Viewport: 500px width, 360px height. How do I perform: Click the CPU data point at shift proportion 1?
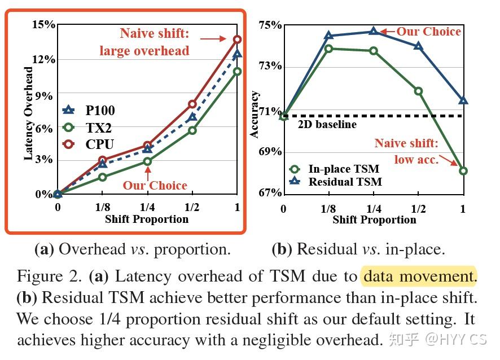tap(237, 39)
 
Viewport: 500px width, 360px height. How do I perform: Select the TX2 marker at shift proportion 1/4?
tap(147, 161)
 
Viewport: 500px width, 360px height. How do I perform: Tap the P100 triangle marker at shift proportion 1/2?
tap(192, 117)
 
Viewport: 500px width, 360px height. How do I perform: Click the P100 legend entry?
tap(89, 111)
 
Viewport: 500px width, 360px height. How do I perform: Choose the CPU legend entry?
tap(89, 144)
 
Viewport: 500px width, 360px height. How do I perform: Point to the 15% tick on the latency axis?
tap(43, 25)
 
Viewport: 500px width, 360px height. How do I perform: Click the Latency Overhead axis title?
tap(28, 113)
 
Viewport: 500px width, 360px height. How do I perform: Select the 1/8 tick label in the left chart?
tap(102, 208)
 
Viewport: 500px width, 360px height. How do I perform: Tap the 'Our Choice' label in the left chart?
tap(155, 185)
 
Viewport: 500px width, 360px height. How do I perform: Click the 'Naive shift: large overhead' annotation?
tap(144, 42)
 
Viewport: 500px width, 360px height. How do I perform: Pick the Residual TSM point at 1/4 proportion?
tap(374, 32)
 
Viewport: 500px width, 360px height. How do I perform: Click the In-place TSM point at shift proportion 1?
tap(463, 170)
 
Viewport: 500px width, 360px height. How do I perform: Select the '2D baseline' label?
tap(327, 124)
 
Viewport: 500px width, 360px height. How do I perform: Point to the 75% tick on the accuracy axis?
tap(270, 25)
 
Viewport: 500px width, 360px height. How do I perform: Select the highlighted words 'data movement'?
tap(418, 276)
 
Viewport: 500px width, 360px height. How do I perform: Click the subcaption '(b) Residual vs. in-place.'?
tap(358, 249)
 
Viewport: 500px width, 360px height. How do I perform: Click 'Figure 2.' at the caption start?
tap(51, 276)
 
